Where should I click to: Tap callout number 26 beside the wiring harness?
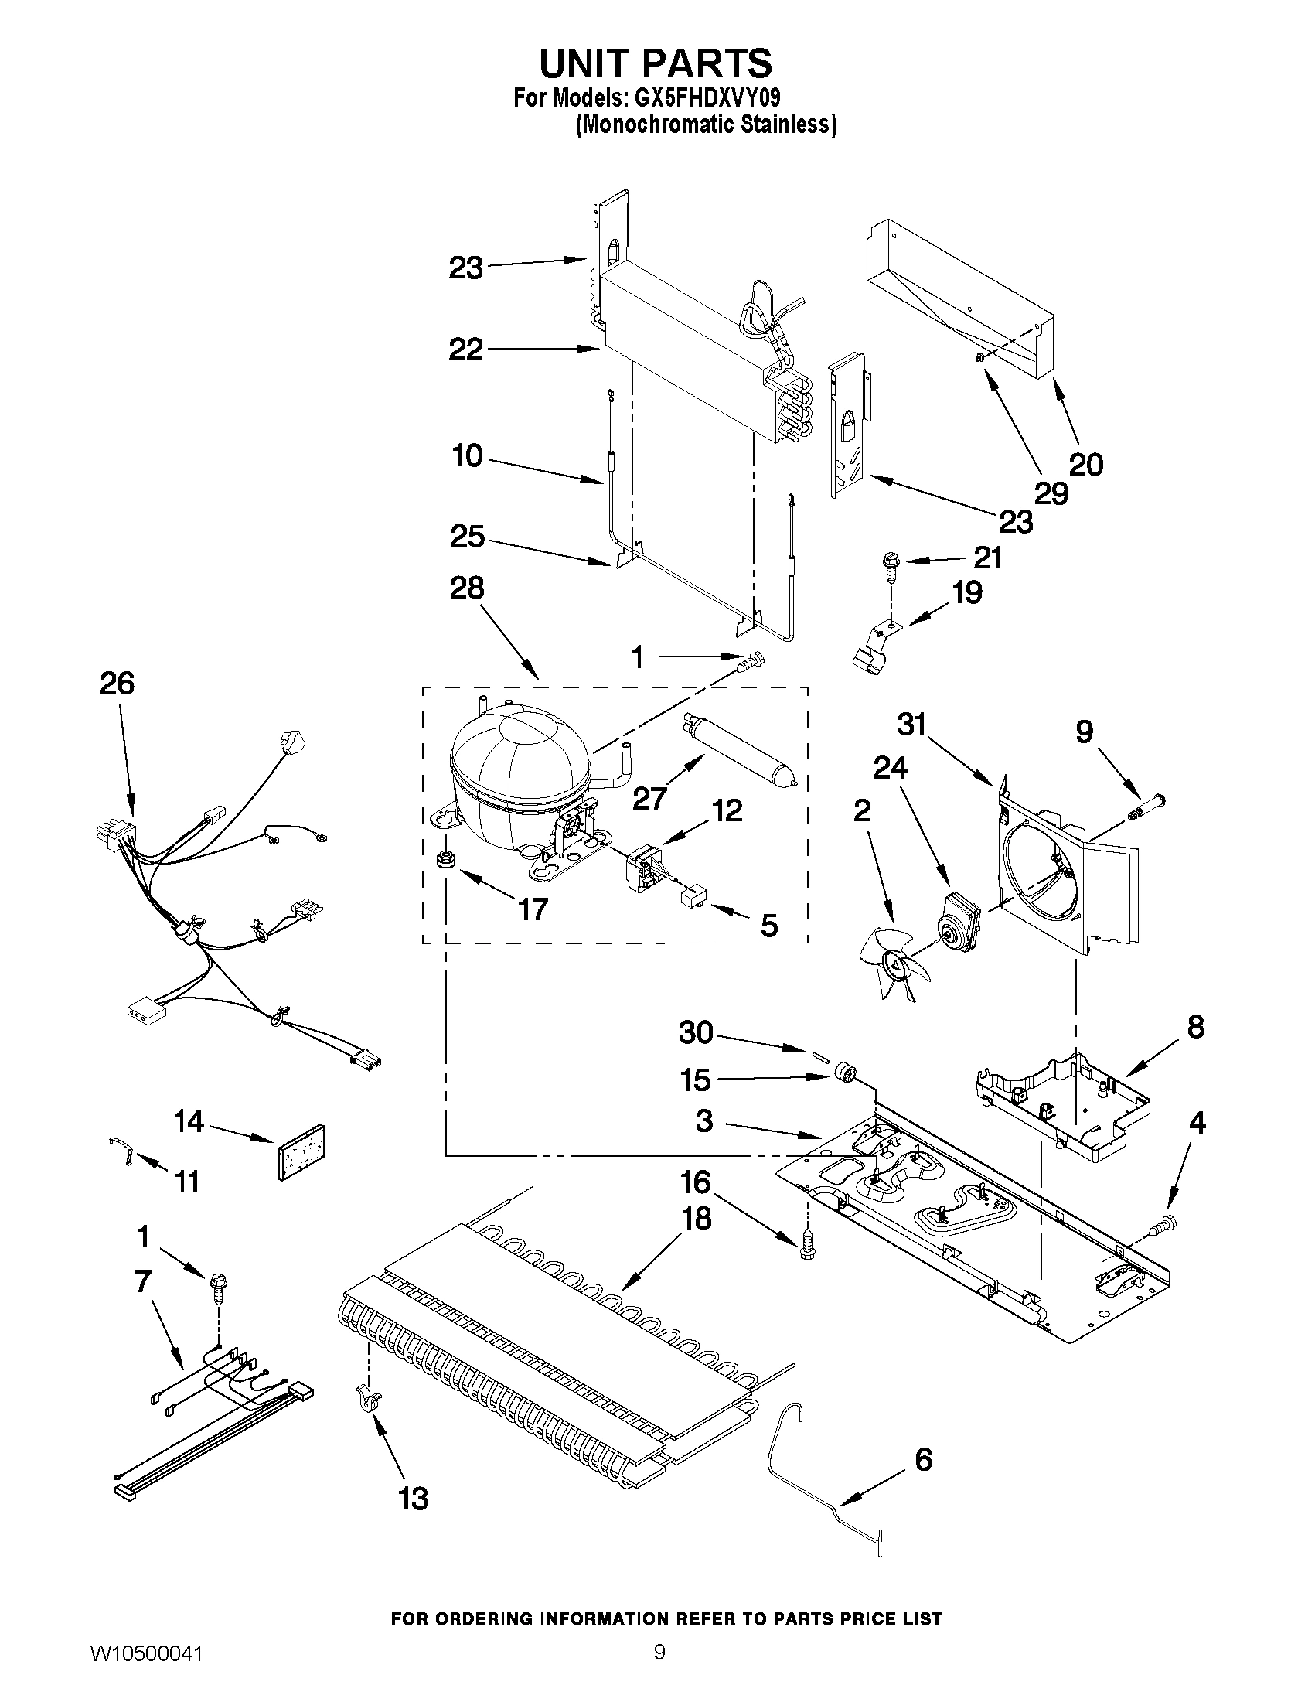point(117,684)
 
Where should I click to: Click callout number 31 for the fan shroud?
point(911,725)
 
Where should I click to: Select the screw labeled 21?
point(888,565)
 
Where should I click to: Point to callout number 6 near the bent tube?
point(923,1459)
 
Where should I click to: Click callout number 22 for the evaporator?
point(465,350)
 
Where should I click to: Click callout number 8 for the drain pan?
point(1195,1027)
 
